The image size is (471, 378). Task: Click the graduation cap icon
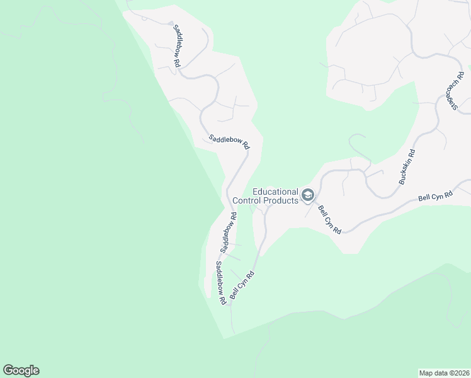coord(308,196)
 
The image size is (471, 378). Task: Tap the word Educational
coord(275,192)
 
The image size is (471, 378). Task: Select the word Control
coord(246,201)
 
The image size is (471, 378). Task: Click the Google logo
coord(21,370)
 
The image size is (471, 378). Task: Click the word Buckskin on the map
coord(406,171)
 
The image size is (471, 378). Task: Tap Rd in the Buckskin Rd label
coord(412,153)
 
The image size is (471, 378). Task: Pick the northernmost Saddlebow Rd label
coord(177,47)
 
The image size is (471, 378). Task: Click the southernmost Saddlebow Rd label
coord(220,283)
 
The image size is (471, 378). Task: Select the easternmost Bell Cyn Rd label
coord(436,197)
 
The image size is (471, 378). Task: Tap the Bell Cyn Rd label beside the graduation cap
coord(329,220)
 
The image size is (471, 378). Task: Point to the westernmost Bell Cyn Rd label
coord(242,285)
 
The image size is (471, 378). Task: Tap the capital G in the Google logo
coord(8,370)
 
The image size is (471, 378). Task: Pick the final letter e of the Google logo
coord(35,371)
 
